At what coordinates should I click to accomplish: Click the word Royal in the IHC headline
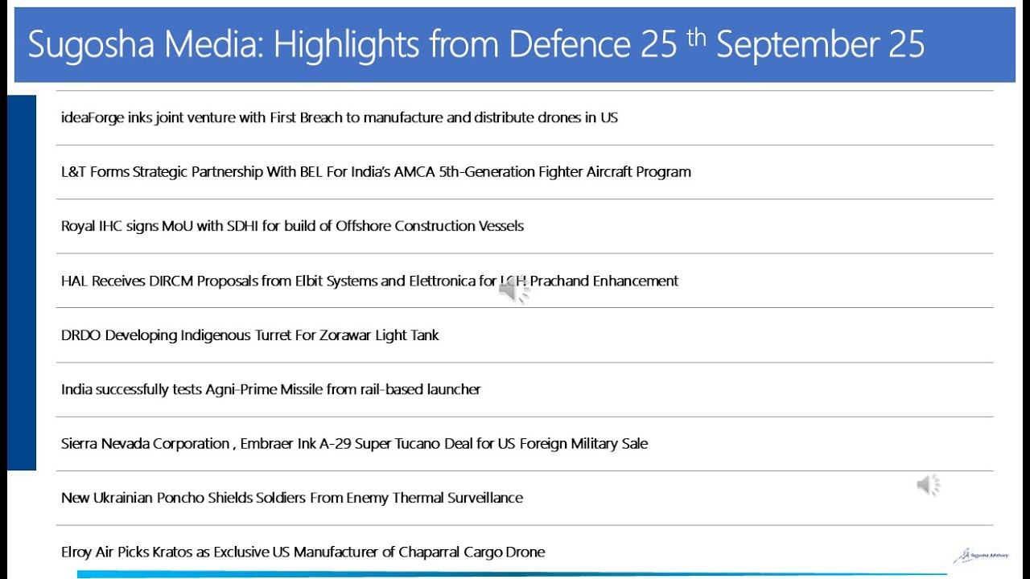tap(78, 226)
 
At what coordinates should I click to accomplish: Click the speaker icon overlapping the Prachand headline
tap(513, 291)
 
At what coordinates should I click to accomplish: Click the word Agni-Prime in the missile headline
tap(241, 389)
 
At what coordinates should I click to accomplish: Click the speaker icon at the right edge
tap(928, 485)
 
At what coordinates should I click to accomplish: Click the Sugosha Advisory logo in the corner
tap(981, 555)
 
